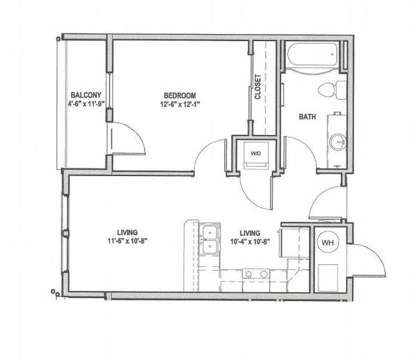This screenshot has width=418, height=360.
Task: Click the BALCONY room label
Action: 86,95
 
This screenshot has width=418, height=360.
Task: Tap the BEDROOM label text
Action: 179,95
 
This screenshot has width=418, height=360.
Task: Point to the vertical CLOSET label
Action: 258,87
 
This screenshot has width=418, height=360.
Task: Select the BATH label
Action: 307,117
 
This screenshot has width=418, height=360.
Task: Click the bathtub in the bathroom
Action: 312,55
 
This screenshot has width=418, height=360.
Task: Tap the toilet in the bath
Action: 332,89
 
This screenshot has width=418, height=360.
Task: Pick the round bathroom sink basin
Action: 338,142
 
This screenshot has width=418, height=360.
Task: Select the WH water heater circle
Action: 327,242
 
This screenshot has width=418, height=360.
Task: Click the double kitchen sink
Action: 210,239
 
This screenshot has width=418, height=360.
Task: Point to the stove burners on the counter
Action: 256,274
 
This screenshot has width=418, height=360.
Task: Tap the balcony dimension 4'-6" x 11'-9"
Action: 86,104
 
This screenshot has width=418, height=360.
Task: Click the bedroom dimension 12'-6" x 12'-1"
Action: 180,104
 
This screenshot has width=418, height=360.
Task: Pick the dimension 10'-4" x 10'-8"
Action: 250,242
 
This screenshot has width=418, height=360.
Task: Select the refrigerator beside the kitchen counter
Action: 294,242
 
